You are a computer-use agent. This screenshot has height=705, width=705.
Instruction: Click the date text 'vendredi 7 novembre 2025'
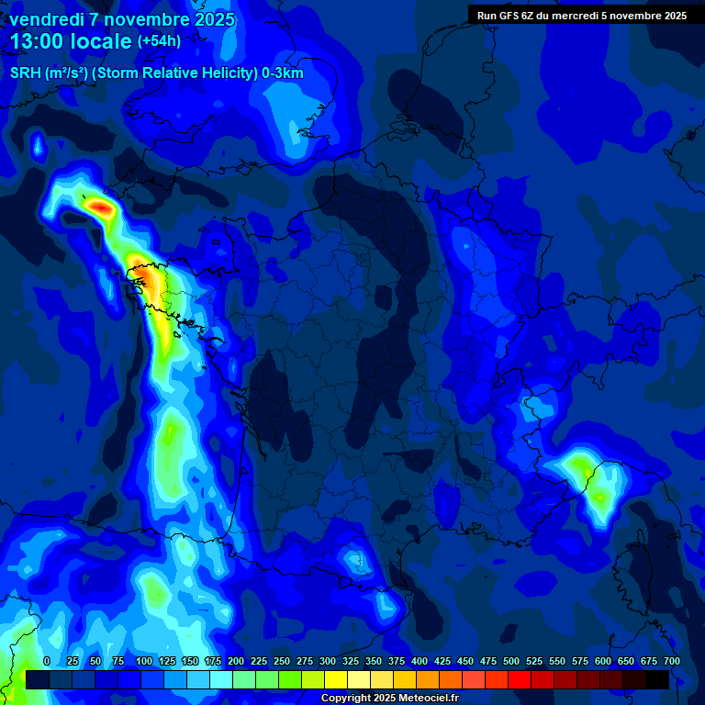click(x=121, y=19)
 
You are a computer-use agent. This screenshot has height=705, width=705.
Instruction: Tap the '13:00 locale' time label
click(x=71, y=41)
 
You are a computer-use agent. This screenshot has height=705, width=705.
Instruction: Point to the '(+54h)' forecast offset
click(x=159, y=41)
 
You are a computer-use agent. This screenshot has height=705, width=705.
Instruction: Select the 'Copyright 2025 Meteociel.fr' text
click(x=389, y=698)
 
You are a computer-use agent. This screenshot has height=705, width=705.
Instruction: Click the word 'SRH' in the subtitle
click(x=25, y=73)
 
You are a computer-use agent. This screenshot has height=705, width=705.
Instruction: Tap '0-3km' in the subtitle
click(x=282, y=73)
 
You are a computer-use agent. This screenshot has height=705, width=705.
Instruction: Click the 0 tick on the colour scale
click(x=47, y=661)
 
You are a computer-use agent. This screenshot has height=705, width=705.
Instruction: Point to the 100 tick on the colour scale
click(x=144, y=661)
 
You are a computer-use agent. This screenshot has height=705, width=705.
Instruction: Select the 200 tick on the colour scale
click(x=236, y=661)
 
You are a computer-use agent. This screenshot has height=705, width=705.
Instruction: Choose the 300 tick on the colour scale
click(x=328, y=661)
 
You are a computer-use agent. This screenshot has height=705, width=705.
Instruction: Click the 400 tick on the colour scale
click(x=420, y=661)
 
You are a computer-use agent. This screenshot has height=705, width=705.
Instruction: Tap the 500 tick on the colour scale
click(x=511, y=661)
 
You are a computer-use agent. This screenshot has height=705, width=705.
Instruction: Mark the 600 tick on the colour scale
click(x=603, y=661)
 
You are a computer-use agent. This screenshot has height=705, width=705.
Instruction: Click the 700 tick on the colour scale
click(x=672, y=661)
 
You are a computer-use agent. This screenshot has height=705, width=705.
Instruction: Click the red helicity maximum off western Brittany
click(x=101, y=209)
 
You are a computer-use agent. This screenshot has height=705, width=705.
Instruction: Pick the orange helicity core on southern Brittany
click(x=143, y=274)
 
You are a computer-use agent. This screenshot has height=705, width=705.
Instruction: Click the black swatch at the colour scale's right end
click(x=657, y=679)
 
